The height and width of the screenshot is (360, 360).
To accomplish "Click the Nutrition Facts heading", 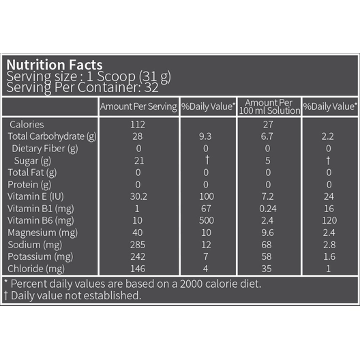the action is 55,65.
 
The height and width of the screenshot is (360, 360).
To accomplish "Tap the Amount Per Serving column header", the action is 138,107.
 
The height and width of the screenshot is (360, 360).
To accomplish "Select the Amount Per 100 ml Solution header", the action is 269,107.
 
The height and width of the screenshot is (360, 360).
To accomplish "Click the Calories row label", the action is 27,125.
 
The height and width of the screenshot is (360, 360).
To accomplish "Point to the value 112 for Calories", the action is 138,125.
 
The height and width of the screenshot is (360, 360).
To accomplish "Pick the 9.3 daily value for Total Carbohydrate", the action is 205,136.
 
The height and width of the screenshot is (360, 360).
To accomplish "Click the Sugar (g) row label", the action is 32,161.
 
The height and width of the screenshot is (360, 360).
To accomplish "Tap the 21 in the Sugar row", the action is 139,161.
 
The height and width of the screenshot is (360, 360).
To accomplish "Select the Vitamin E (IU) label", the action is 35,196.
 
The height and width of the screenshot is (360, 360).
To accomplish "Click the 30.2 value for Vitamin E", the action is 138,196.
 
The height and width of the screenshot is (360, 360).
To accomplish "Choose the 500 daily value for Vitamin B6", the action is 207,220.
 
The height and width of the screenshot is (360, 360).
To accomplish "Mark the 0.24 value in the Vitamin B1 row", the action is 268,209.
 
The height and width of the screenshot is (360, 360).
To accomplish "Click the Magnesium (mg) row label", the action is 43,232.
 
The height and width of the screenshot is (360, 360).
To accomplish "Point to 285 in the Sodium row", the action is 138,245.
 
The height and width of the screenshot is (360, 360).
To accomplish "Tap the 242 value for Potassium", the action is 138,256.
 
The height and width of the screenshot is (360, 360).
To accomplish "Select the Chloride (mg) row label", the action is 36,269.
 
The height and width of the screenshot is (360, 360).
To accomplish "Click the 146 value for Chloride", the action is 138,269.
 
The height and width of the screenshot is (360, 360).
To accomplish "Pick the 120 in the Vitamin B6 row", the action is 329,220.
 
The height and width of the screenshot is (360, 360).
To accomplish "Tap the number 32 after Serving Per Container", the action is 151,87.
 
